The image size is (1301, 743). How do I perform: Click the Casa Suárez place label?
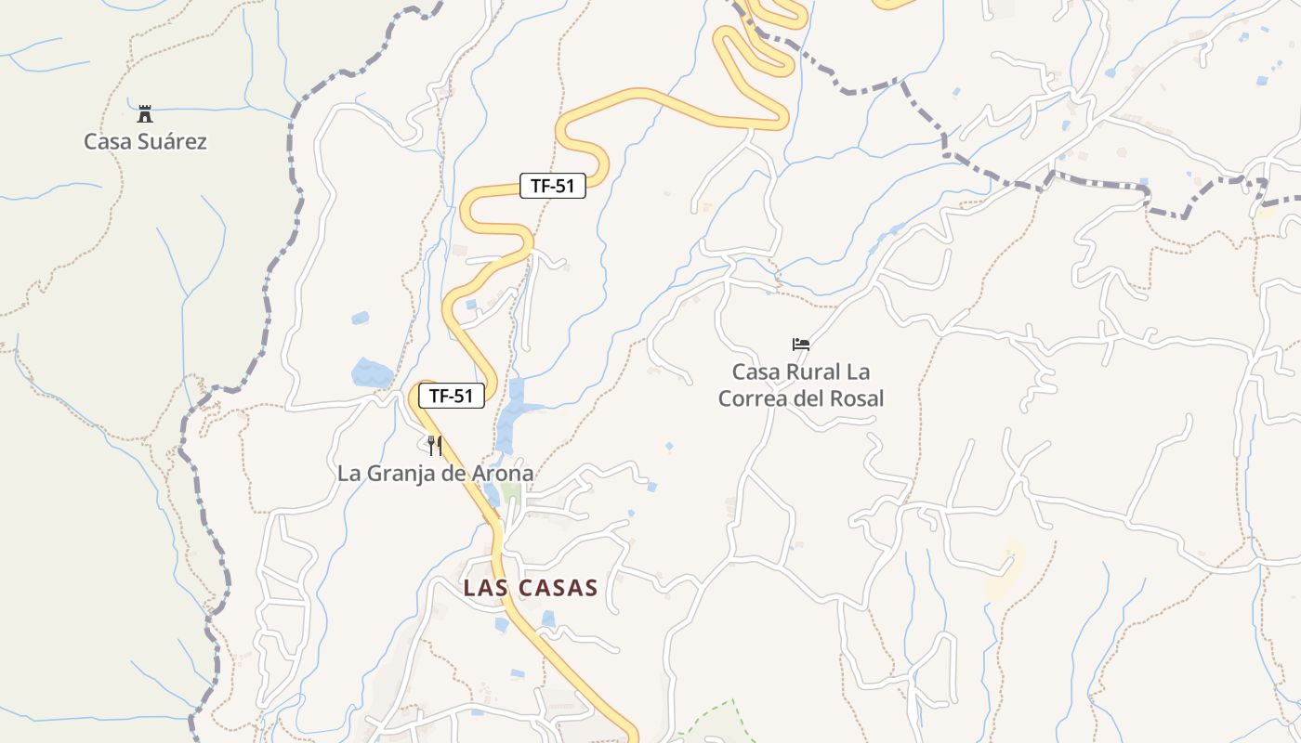[x=145, y=142]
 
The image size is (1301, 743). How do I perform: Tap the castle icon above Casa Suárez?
[x=144, y=114]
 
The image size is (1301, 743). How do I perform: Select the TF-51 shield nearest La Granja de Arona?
[x=452, y=397]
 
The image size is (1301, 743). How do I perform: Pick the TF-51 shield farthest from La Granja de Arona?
[x=552, y=186]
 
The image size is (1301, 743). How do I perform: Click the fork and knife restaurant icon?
[x=434, y=446]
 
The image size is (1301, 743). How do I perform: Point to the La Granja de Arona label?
[x=435, y=474]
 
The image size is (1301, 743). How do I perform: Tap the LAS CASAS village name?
[x=530, y=588]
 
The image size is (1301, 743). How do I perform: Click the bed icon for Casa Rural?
[x=800, y=345]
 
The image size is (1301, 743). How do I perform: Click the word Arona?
[x=503, y=474]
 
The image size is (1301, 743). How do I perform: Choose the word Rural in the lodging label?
[x=808, y=372]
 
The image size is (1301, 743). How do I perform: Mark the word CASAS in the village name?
[x=556, y=588]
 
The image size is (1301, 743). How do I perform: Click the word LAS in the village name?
[x=483, y=588]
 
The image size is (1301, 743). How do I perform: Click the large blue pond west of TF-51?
[x=372, y=373]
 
